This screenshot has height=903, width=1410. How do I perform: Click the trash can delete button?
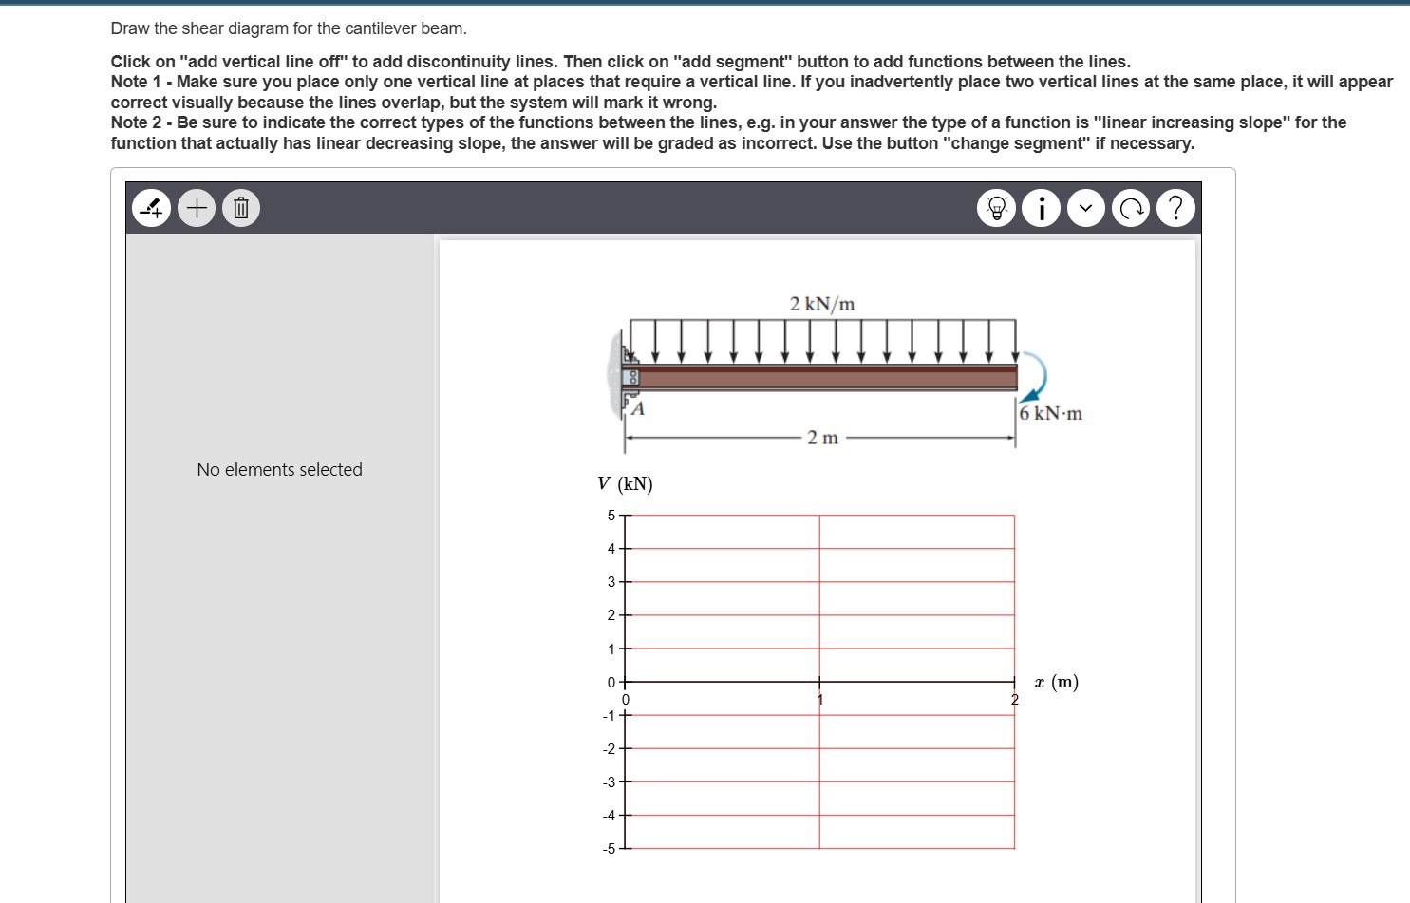241,207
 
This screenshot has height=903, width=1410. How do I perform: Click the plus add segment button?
197,207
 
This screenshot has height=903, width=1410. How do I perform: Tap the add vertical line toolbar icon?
152,207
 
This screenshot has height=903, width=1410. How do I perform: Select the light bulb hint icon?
997,208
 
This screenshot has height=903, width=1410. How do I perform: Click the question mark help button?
1175,208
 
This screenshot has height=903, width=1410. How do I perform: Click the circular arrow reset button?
1131,208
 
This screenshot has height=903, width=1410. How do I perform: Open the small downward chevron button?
1086,208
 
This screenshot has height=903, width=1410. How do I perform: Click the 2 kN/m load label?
822,304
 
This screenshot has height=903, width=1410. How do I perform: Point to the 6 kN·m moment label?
1051,414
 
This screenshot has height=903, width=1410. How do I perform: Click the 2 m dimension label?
822,438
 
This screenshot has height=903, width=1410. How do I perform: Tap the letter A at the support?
638,409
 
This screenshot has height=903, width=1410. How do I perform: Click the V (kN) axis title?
625,484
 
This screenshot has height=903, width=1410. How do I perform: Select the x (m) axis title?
1056,682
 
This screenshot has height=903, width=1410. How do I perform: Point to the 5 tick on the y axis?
611,516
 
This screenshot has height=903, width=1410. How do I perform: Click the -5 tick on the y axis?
610,849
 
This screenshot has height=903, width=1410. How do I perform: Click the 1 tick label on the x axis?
820,700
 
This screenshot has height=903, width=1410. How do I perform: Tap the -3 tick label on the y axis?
610,782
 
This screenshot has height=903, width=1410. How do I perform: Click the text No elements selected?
279,470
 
